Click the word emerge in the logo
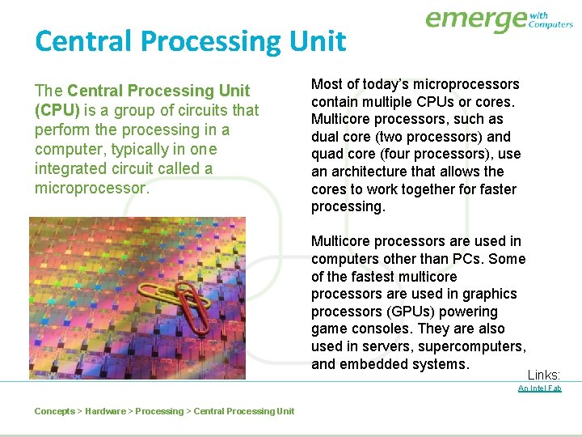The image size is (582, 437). tap(475, 19)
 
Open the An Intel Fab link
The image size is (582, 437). tap(539, 388)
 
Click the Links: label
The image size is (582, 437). tap(544, 375)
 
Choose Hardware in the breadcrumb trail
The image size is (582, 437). tap(105, 411)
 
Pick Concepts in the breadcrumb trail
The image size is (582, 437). tap(54, 411)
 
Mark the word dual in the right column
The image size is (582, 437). tap(326, 137)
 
